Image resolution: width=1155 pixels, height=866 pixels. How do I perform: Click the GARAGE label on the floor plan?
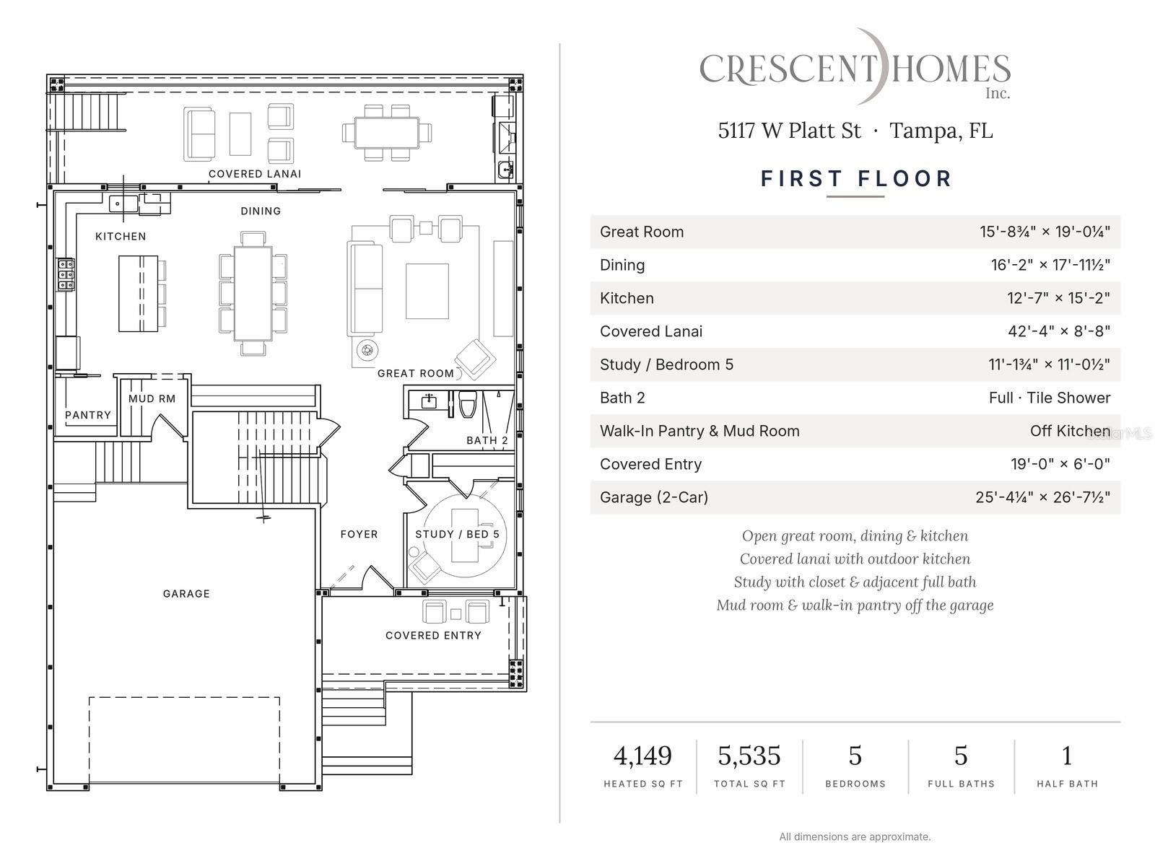pyautogui.click(x=186, y=594)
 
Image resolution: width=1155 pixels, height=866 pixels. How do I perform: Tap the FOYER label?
pyautogui.click(x=359, y=534)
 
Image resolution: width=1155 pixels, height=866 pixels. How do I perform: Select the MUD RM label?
pyautogui.click(x=152, y=398)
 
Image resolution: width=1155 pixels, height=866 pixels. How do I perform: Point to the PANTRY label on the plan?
pyautogui.click(x=88, y=415)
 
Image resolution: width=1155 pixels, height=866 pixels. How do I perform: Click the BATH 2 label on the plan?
pyautogui.click(x=487, y=440)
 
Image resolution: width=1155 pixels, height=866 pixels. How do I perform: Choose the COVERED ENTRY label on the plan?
pyautogui.click(x=433, y=635)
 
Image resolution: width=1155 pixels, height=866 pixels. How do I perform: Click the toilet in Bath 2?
pyautogui.click(x=468, y=404)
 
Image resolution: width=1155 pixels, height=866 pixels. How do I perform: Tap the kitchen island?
pyautogui.click(x=138, y=294)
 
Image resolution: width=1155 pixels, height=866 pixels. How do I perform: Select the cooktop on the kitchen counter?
pyautogui.click(x=66, y=274)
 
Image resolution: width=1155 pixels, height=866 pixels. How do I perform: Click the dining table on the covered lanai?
pyautogui.click(x=387, y=133)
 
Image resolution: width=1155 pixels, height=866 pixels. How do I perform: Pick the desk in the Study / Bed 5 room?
pyautogui.click(x=465, y=535)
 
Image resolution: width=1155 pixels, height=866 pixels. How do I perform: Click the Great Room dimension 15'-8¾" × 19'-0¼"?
pyautogui.click(x=1045, y=232)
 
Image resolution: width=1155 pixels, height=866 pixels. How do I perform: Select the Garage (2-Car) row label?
pyautogui.click(x=654, y=497)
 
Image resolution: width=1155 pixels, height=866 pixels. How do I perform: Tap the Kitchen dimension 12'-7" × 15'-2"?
pyautogui.click(x=1058, y=298)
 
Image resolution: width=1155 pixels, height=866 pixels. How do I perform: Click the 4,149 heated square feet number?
pyautogui.click(x=642, y=756)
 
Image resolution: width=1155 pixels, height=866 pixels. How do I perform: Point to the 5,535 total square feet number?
pyautogui.click(x=749, y=756)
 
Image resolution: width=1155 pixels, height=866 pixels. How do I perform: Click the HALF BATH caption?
pyautogui.click(x=1067, y=784)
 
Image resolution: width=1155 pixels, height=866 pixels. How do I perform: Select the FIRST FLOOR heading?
pyautogui.click(x=856, y=179)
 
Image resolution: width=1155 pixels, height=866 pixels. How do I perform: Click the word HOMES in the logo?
pyautogui.click(x=950, y=69)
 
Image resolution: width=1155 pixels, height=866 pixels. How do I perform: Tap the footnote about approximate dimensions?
pyautogui.click(x=855, y=837)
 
